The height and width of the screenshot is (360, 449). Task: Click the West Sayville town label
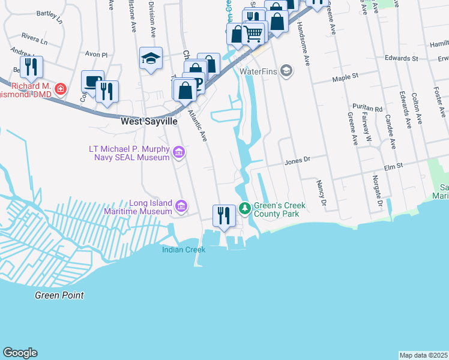point(149,121)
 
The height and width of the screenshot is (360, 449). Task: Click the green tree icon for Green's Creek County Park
point(244,208)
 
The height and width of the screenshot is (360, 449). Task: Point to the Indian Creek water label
point(183,249)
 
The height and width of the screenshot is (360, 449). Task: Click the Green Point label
point(59,295)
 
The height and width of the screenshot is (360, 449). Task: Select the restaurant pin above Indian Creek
point(223,215)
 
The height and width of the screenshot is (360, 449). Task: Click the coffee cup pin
point(92,81)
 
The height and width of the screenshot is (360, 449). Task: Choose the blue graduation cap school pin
point(151,58)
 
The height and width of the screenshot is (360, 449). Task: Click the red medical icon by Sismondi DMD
point(60,89)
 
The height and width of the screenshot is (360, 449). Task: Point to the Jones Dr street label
point(297,160)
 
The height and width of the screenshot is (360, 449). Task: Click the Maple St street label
point(346,76)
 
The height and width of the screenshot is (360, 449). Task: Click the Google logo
point(20,353)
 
